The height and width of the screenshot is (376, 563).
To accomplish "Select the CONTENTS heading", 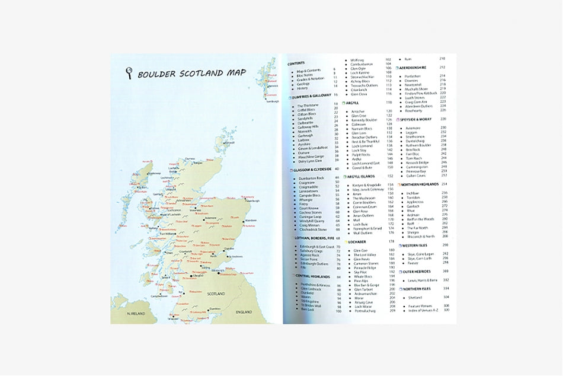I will click(x=296, y=63).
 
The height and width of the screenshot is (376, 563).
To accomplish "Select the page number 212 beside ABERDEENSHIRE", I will click(x=442, y=67).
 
